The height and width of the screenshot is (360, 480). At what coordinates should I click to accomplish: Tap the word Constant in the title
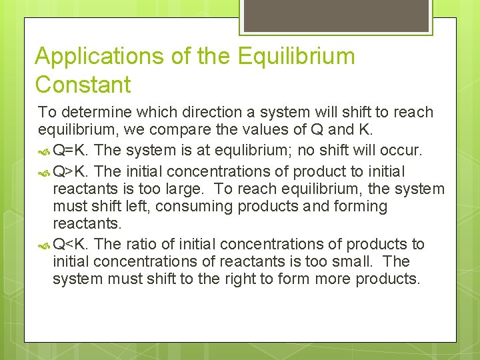click(83, 85)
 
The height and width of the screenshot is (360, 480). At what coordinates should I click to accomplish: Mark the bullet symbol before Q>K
click(44, 173)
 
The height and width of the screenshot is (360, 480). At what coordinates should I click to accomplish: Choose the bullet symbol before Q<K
click(44, 245)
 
